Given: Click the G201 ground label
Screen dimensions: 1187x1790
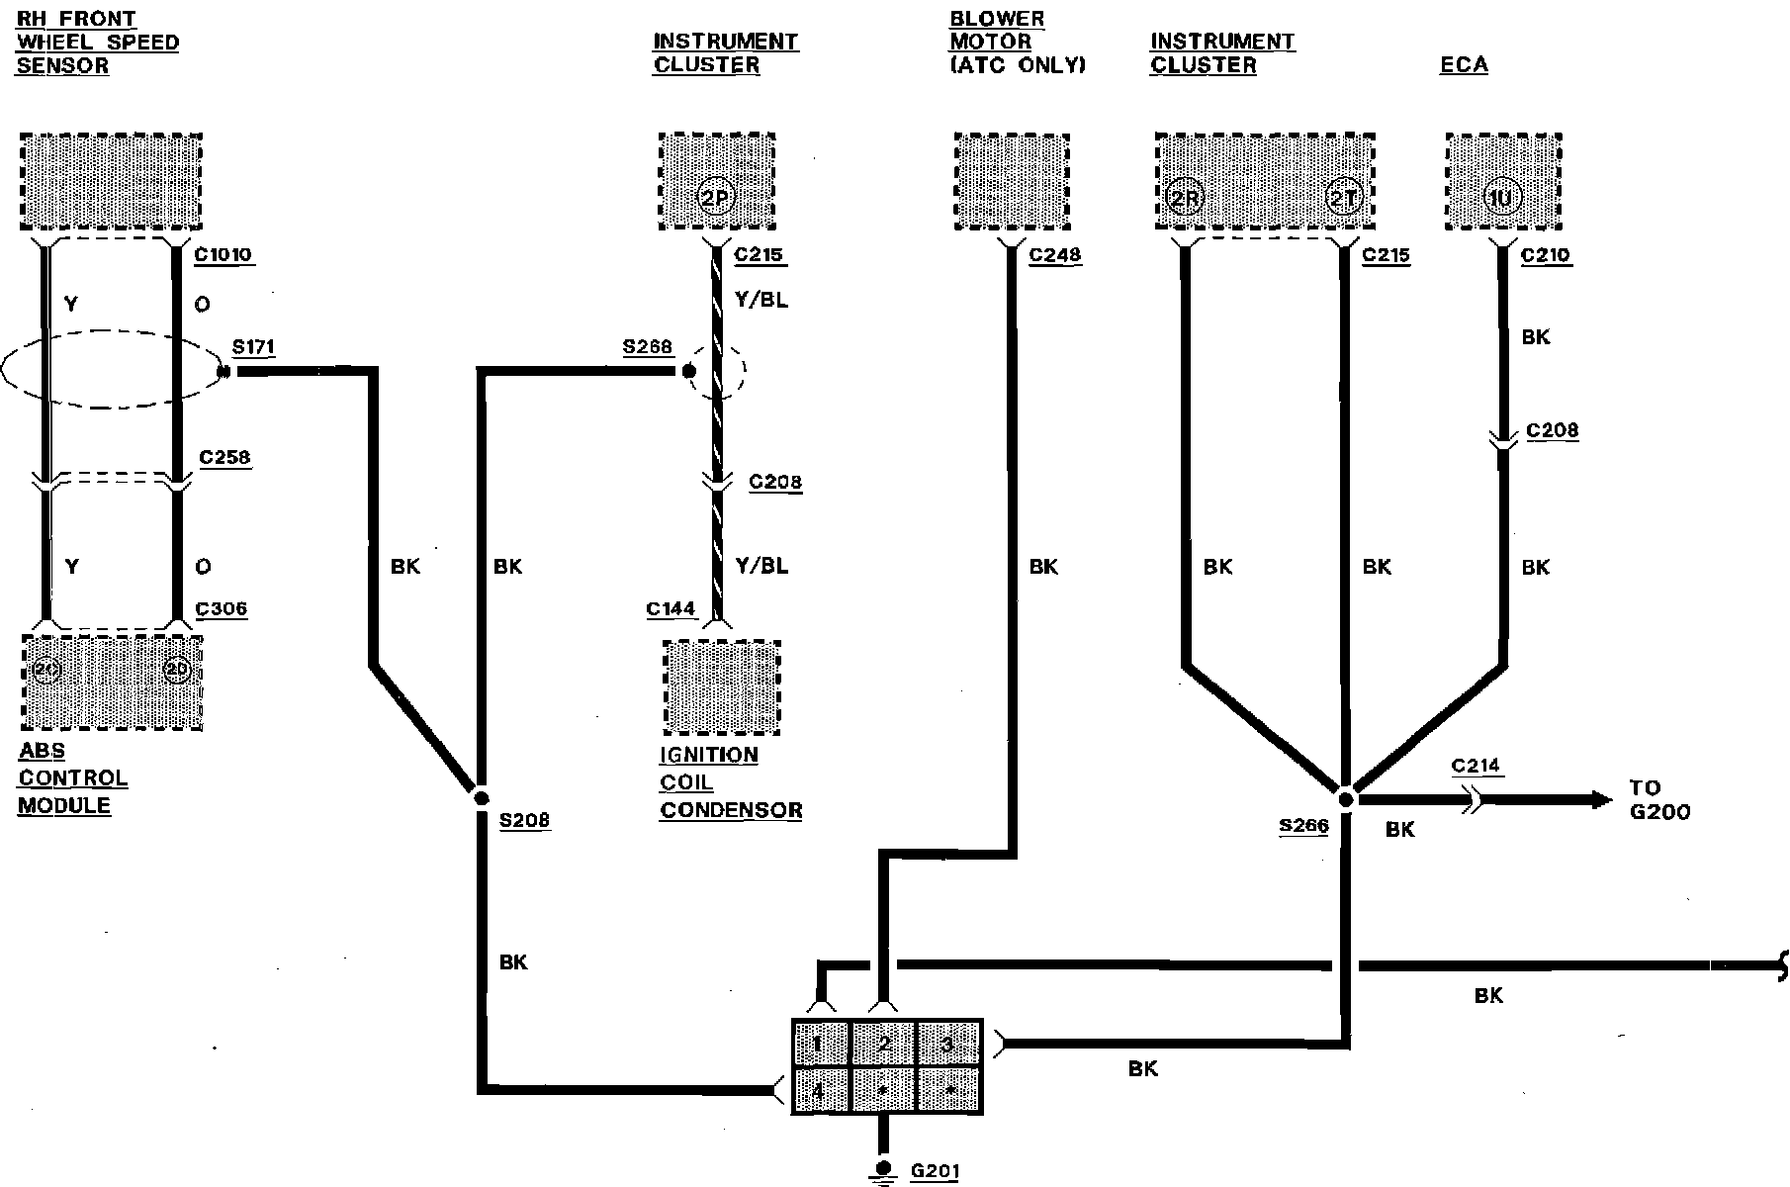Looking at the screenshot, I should [934, 1172].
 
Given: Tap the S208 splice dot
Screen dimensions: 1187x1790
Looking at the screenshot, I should [481, 797].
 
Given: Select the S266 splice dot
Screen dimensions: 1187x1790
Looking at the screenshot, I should [1345, 797].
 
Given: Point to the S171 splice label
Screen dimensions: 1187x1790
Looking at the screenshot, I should [253, 347].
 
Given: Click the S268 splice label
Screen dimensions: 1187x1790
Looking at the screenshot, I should [647, 347].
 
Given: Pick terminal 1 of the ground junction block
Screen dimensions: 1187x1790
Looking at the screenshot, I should [820, 1045].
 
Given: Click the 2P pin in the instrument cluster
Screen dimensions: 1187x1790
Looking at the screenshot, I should [715, 198].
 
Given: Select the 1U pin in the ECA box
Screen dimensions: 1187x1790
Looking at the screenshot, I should [1500, 198].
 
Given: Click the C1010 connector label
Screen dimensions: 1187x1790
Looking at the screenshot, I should [224, 255].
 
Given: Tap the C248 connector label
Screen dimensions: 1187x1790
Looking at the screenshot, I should [1054, 255].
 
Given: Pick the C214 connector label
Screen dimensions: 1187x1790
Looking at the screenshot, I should [1476, 766].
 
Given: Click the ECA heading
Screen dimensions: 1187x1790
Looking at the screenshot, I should [1464, 65].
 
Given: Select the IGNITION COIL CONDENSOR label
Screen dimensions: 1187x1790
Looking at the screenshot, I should [730, 782].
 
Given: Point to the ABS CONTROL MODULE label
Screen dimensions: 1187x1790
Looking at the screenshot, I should [73, 778].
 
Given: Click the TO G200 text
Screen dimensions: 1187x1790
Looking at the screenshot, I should [1659, 800].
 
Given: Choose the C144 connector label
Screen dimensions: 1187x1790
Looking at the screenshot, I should [671, 609].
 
